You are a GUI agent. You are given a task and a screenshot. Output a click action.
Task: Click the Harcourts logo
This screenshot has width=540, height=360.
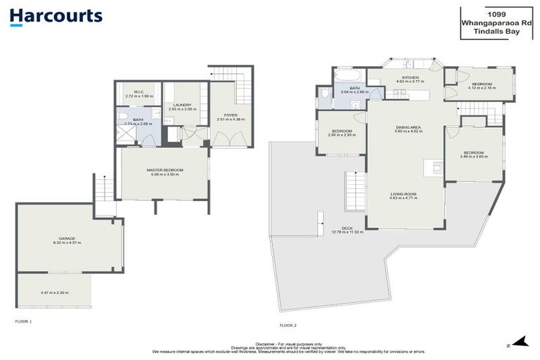[56, 17]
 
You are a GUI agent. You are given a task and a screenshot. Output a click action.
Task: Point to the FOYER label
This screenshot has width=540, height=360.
[231, 115]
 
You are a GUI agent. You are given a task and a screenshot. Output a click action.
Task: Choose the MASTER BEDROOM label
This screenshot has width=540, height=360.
[165, 170]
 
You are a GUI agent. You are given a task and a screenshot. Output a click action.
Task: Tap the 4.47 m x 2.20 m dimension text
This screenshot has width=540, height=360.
[55, 292]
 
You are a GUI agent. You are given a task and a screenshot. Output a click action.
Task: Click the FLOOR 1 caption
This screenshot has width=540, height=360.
[24, 321]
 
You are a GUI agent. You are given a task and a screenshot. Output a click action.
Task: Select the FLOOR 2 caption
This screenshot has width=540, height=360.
[288, 325]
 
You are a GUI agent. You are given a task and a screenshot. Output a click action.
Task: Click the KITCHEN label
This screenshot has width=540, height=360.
[410, 77]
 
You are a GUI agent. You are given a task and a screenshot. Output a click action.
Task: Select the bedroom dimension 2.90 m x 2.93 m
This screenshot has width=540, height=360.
[341, 134]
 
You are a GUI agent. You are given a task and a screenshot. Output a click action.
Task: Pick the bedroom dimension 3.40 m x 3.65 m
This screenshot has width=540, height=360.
[473, 156]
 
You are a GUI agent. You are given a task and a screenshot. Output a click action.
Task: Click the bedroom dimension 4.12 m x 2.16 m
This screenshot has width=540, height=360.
[485, 88]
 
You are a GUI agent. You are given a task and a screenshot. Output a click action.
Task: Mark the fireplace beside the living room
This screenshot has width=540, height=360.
[435, 167]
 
